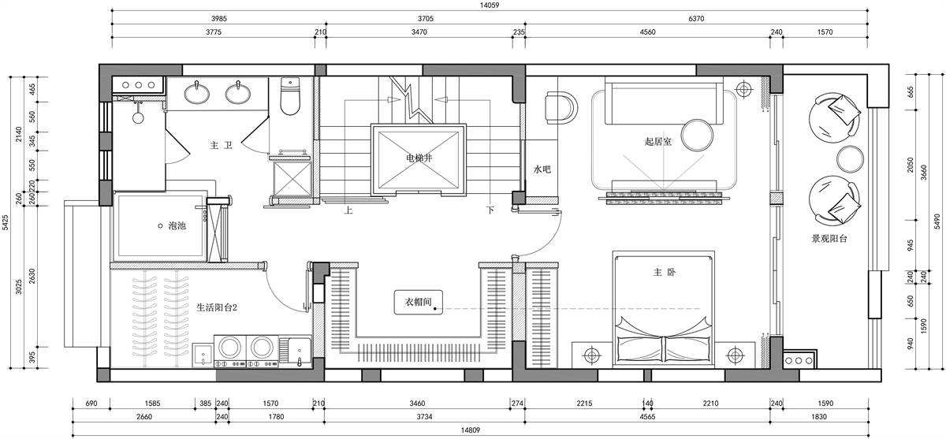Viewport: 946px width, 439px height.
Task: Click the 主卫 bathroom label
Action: coord(222,146)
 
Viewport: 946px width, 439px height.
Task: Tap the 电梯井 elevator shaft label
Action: coord(419,158)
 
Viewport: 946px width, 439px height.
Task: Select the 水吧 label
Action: coord(542,169)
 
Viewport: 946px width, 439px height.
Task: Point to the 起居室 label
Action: coord(658,141)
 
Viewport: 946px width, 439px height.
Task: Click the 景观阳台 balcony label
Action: coord(829,239)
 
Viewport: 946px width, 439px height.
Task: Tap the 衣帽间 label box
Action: coord(419,302)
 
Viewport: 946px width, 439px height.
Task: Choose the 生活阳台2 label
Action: coord(217,307)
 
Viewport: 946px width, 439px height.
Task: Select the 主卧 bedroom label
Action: coord(665,272)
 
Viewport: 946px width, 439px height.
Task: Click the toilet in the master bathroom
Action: coord(290,96)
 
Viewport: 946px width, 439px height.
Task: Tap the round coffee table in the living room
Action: coord(697,136)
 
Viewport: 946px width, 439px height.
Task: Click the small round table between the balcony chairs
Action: coord(850,159)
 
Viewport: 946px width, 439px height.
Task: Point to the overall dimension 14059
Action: coord(490,6)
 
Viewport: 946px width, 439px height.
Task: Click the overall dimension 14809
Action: coord(470,430)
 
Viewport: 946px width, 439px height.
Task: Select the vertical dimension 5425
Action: coord(6,222)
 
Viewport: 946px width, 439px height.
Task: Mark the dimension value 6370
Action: coord(696,19)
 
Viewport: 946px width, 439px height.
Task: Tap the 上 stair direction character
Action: coord(348,210)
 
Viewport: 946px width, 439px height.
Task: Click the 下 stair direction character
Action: coord(490,210)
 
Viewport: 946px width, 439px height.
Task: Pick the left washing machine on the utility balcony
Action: coord(229,352)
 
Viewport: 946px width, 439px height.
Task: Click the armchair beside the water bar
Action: coord(561,108)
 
